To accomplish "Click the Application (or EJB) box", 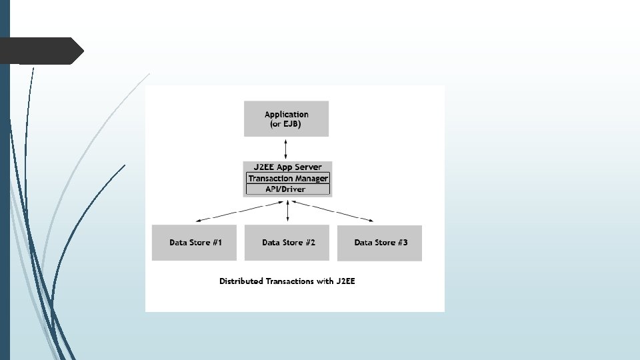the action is (286, 119).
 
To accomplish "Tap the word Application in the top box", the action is (287, 115).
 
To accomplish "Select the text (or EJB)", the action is (286, 125).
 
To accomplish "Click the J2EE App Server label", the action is (287, 167).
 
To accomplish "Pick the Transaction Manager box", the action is (288, 179).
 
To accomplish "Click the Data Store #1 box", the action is (195, 243).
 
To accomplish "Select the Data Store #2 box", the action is (288, 243).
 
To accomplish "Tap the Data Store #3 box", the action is (381, 243).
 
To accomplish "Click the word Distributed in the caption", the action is (241, 281).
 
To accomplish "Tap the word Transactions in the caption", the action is (290, 281).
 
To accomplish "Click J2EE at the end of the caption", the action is (346, 281).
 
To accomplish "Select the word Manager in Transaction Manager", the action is (311, 179).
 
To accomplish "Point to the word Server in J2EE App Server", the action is (308, 167).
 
